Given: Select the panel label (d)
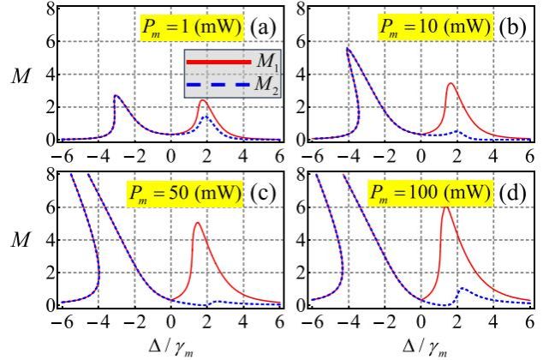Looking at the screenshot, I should [x=513, y=190].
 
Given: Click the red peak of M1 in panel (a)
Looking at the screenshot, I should [x=203, y=101].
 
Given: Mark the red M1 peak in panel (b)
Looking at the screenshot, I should [x=451, y=83].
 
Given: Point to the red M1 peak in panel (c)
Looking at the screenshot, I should [x=197, y=224].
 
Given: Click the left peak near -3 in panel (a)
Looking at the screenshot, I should [x=116, y=96].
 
